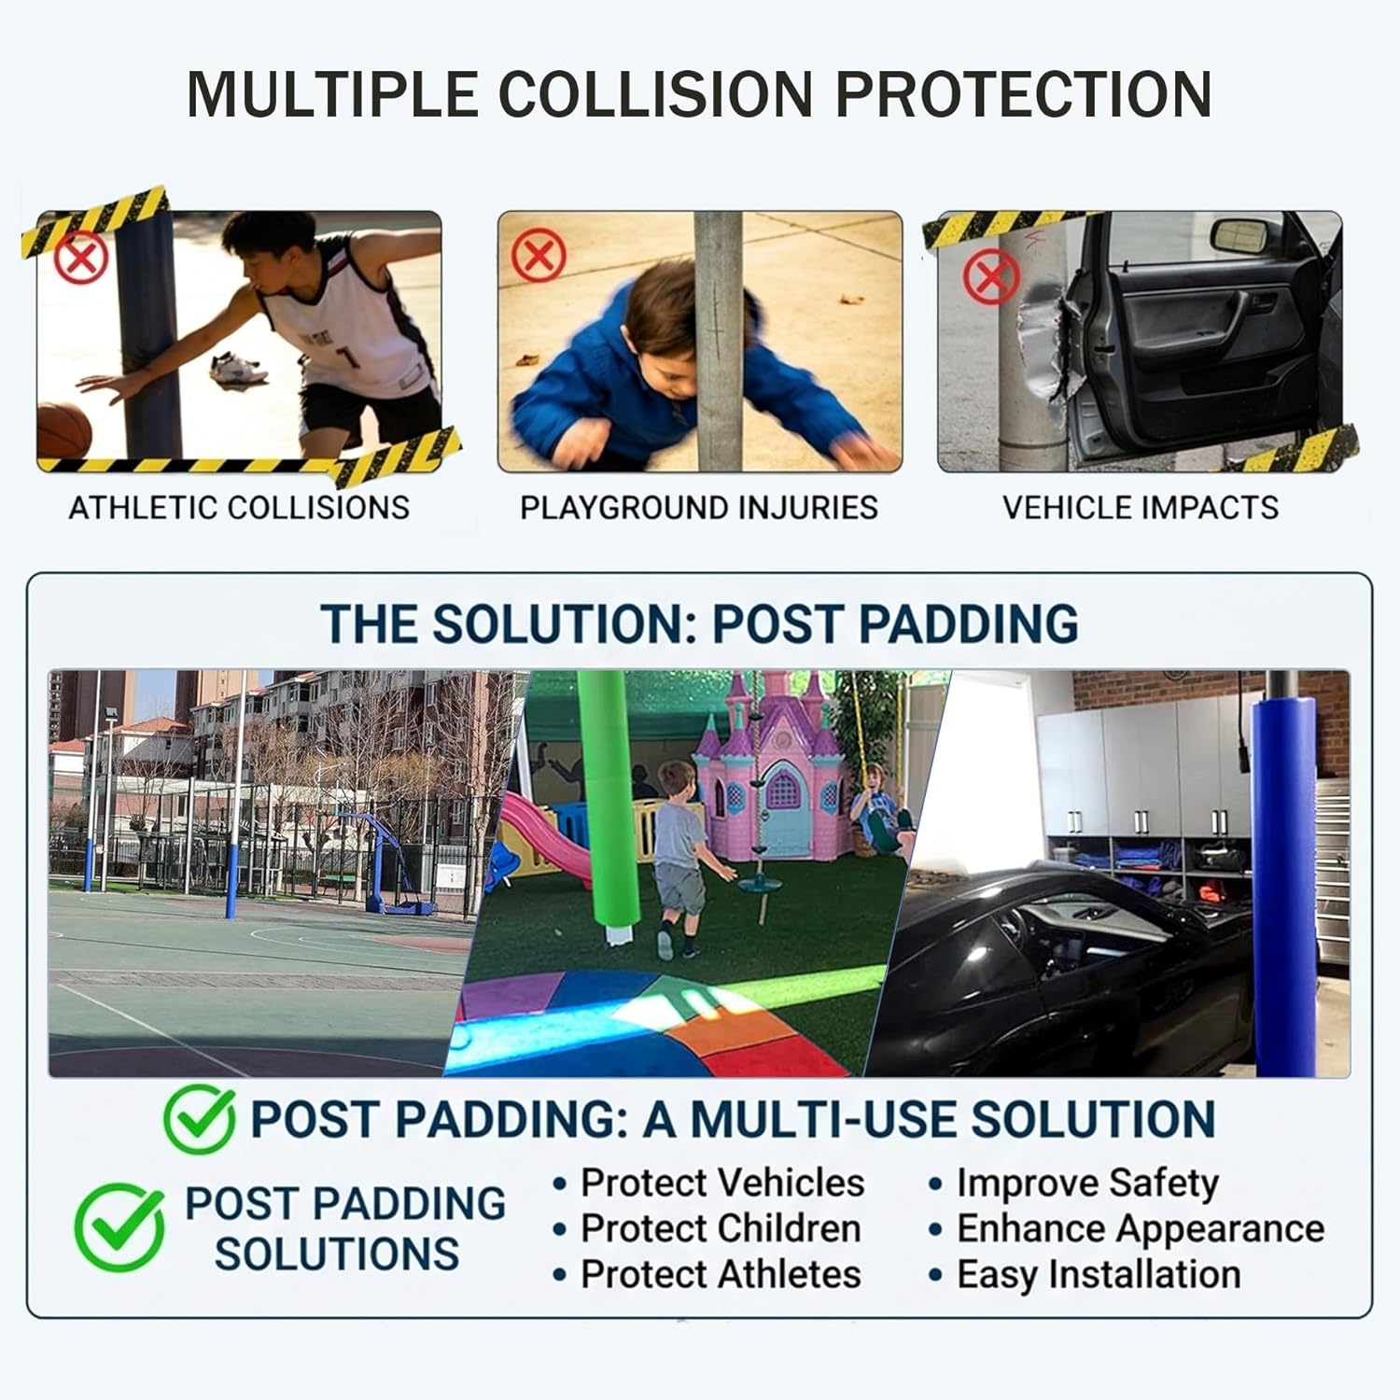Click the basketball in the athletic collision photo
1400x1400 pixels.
pos(63,430)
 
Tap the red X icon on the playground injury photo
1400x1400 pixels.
pos(539,255)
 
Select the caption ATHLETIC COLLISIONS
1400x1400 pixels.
pos(239,508)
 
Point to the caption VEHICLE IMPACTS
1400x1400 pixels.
pos(1140,508)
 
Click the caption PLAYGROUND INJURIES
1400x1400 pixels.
pos(699,508)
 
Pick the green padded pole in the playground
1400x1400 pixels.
pos(606,803)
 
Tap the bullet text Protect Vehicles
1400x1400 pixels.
pos(721,1183)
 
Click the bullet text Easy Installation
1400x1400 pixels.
pos(1099,1274)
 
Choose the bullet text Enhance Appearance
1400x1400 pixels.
pos(1140,1228)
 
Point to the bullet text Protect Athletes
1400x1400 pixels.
pos(721,1274)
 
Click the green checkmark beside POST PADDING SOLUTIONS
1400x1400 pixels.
pos(119,1227)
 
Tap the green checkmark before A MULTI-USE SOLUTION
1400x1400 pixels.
pos(200,1118)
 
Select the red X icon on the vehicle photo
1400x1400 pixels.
pos(990,276)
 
